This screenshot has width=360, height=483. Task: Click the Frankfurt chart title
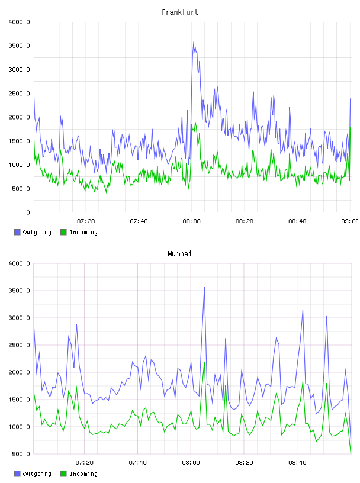(180, 12)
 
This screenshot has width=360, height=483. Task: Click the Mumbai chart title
(179, 254)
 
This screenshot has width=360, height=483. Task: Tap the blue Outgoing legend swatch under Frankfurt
(17, 232)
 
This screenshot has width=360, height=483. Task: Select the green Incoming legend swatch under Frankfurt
(63, 232)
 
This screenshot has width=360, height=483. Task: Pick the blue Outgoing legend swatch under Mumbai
(17, 474)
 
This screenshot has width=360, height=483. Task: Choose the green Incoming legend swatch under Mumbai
(63, 474)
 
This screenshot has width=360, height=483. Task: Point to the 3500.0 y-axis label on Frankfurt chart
(19, 46)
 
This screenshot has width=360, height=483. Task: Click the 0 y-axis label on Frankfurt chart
(28, 212)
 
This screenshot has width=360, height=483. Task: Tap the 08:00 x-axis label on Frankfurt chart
(191, 221)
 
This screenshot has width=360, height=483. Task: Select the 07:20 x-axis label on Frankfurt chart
(86, 221)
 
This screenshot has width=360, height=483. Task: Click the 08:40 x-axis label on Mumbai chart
(297, 463)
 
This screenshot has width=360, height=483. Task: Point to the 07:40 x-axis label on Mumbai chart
(138, 463)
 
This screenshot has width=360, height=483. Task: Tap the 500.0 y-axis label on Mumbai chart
(21, 454)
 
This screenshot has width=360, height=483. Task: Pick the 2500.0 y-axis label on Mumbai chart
(19, 345)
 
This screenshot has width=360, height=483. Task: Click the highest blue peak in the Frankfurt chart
(193, 43)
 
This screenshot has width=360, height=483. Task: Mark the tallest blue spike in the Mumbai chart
(204, 288)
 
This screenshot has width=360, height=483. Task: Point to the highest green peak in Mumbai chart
(204, 363)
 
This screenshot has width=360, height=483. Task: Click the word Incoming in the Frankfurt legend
(83, 233)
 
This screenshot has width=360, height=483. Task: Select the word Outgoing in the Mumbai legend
(37, 474)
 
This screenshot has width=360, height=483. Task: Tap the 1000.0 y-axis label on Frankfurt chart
(19, 165)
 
